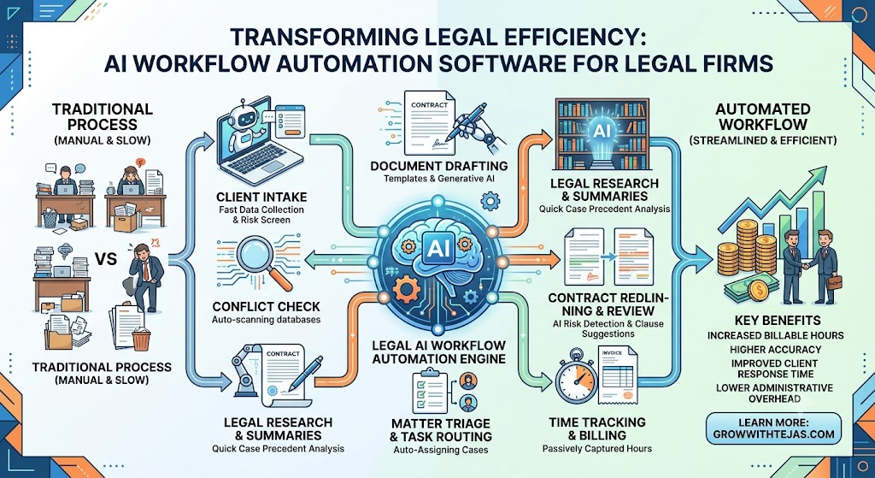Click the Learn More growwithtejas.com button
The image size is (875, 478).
(773, 428)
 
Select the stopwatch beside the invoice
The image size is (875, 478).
(576, 378)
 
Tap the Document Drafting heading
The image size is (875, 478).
(439, 166)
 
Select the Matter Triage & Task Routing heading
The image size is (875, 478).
(441, 429)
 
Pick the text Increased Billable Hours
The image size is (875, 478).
(775, 335)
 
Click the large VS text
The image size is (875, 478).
(106, 259)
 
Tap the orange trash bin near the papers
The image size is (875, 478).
(141, 339)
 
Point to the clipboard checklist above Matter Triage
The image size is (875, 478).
(426, 390)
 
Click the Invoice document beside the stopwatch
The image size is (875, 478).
(618, 373)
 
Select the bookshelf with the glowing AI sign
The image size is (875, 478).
(602, 134)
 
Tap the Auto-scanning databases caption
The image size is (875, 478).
(267, 320)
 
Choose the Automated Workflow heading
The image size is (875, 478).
(763, 115)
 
